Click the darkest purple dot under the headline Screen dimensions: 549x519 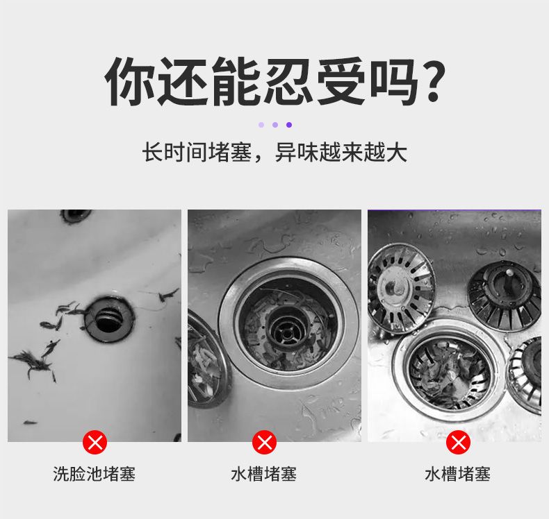click(289, 125)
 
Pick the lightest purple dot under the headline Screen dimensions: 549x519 click(261, 125)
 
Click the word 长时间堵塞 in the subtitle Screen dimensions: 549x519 click(197, 153)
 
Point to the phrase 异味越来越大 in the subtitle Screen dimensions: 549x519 click(341, 153)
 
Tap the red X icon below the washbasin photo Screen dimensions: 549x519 click(95, 443)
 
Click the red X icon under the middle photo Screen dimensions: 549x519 click(264, 443)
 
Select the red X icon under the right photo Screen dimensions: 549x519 click(458, 443)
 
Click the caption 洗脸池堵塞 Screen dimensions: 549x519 click(95, 475)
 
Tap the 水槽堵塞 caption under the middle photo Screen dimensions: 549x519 click(263, 475)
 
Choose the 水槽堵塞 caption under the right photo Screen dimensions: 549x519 click(457, 475)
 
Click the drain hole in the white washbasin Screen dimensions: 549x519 click(109, 319)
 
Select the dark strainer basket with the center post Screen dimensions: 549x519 click(505, 296)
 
